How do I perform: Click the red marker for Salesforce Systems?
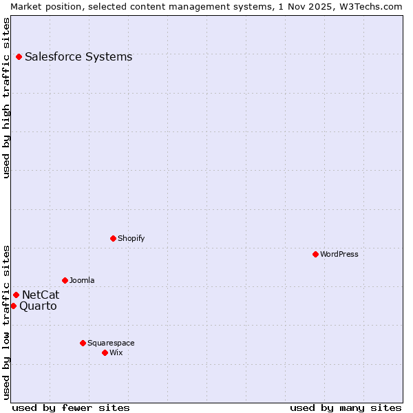click(x=19, y=56)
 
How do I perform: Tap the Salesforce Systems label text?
click(x=78, y=57)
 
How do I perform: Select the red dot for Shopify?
click(x=113, y=238)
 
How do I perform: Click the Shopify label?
click(x=131, y=238)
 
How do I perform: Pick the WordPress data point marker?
click(x=315, y=254)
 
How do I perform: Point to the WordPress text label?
click(x=339, y=254)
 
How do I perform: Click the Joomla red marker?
click(x=65, y=280)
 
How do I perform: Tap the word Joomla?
click(x=82, y=280)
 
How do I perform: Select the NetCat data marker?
click(x=16, y=295)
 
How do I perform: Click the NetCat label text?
click(x=41, y=295)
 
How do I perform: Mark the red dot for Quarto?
click(x=13, y=306)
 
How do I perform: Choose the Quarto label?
click(x=38, y=306)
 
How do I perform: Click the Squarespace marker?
click(x=83, y=343)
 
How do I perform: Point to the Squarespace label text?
click(x=111, y=343)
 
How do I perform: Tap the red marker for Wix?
click(x=105, y=352)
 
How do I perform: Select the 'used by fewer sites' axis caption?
click(x=71, y=407)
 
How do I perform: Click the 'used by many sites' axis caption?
click(x=346, y=407)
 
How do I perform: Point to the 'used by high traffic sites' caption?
click(x=7, y=98)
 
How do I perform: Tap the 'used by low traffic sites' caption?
click(x=7, y=322)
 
